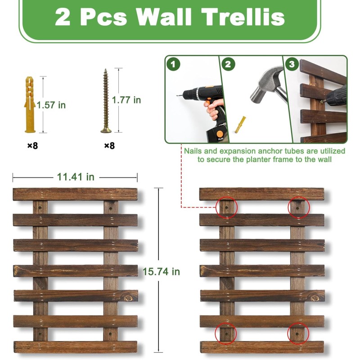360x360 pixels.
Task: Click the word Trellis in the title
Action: click(243, 17)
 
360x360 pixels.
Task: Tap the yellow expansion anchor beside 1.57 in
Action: click(30, 104)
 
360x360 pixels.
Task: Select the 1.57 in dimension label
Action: click(51, 105)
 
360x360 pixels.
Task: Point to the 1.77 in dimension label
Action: click(126, 100)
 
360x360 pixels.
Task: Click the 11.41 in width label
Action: click(76, 177)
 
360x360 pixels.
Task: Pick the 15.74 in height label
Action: click(161, 271)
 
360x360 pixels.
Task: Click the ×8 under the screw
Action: click(109, 145)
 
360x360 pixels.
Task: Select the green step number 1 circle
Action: click(174, 64)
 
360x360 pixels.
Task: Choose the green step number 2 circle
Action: click(229, 64)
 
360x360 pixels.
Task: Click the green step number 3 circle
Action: click(292, 64)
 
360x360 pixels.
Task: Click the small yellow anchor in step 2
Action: click(240, 123)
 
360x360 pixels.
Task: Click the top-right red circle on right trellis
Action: click(299, 207)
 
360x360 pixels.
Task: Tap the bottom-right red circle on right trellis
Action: click(299, 333)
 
